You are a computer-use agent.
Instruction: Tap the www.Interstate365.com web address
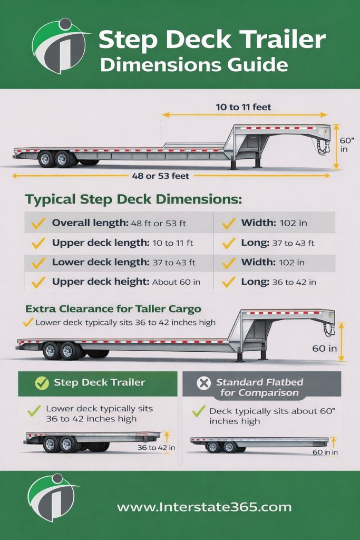[x=204, y=507]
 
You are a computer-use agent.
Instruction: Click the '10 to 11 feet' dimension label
[x=244, y=107]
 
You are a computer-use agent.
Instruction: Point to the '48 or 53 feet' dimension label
[x=160, y=176]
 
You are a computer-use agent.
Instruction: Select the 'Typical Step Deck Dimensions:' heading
[x=133, y=200]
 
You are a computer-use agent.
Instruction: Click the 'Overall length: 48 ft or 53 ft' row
[x=119, y=223]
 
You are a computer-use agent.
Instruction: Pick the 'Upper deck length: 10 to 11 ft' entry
[x=122, y=243]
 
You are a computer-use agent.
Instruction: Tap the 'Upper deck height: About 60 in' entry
[x=126, y=282]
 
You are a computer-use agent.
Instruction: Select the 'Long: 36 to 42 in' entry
[x=278, y=282]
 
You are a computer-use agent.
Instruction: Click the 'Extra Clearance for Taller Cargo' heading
[x=113, y=309]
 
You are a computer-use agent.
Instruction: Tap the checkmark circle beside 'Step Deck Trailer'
[x=42, y=383]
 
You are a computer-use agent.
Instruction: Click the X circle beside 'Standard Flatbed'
[x=203, y=383]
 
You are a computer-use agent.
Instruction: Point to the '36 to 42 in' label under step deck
[x=156, y=448]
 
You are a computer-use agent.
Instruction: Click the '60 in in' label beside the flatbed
[x=325, y=452]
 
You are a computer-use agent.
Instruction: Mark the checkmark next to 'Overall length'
[x=38, y=223]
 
